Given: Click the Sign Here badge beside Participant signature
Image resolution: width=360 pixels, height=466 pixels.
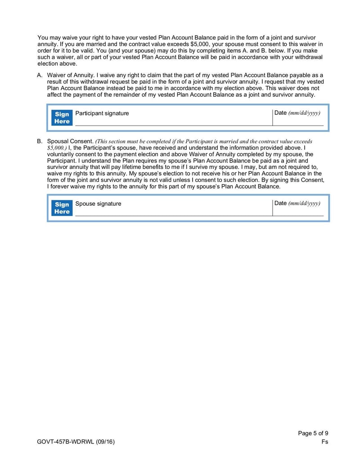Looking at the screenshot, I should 62,118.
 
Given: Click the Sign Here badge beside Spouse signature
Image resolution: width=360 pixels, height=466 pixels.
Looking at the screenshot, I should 62,208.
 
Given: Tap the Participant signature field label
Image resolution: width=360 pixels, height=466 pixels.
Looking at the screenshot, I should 102,113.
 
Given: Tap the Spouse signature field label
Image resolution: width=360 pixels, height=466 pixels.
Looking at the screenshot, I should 98,204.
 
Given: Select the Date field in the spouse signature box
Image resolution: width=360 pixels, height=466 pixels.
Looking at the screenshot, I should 297,209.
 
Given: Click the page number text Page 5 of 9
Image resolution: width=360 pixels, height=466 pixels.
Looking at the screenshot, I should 313,434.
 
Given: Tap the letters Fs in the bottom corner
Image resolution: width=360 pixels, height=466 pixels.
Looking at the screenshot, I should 325,442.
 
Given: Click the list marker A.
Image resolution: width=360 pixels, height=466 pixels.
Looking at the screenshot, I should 40,75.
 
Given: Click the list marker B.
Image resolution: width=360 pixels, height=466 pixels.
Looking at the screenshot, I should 40,141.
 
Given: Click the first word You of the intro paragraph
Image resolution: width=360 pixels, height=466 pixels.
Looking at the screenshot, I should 43,38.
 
